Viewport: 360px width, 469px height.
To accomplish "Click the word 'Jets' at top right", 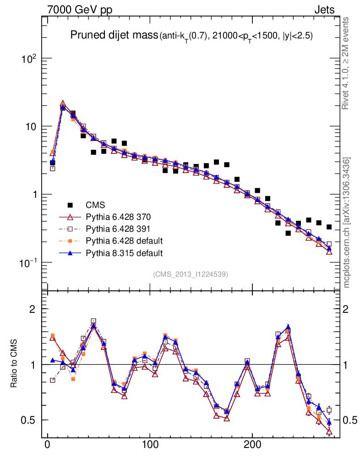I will pos(324,10).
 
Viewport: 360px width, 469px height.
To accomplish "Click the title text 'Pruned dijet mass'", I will pos(114,35).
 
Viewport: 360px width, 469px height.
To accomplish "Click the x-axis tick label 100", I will pos(150,446).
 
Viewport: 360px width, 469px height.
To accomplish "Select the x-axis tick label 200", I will pos(252,446).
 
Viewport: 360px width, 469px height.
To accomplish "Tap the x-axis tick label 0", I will pos(48,446).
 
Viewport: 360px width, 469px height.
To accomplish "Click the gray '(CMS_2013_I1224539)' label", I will pos(191,274).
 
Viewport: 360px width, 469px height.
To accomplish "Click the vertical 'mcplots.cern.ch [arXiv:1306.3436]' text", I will pos(347,222).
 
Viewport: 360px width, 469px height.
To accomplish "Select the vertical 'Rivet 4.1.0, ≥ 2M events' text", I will pos(346,63).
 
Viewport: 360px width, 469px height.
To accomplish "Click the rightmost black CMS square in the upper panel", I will pos(329,227).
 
